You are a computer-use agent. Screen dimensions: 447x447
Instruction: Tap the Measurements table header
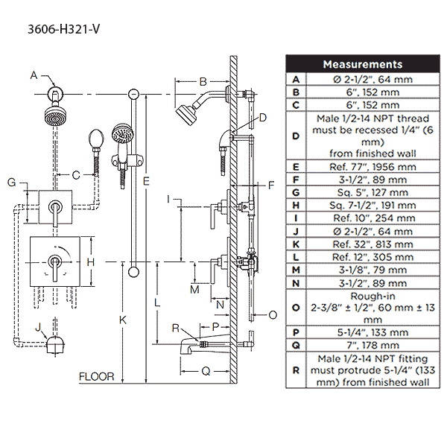pyautogui.click(x=362, y=65)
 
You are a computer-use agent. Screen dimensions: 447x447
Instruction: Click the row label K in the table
pyautogui.click(x=296, y=244)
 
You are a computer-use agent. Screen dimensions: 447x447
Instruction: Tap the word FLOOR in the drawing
pyautogui.click(x=97, y=377)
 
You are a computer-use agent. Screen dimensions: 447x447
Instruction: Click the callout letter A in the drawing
pyautogui.click(x=34, y=74)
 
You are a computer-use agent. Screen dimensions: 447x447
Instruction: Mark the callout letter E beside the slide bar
pyautogui.click(x=148, y=180)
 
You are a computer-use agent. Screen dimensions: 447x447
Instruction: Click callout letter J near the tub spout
pyautogui.click(x=39, y=326)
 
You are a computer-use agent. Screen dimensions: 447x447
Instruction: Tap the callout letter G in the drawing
pyautogui.click(x=11, y=182)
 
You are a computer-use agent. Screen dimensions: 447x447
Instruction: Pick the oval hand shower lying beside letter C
pyautogui.click(x=95, y=139)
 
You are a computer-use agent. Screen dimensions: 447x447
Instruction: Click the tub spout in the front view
pyautogui.click(x=56, y=344)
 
